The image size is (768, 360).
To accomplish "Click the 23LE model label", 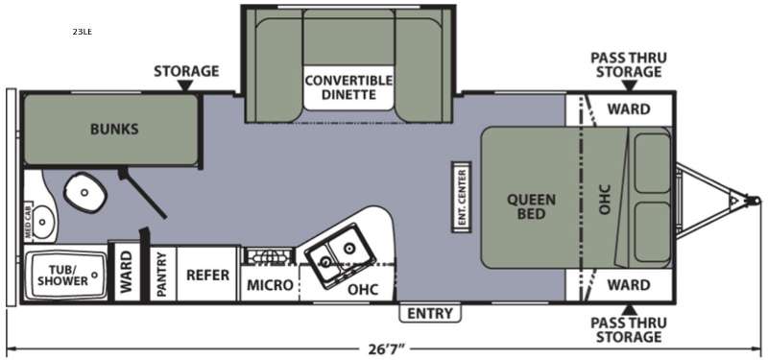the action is (x=83, y=32).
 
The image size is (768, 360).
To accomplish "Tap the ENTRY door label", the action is (x=430, y=313).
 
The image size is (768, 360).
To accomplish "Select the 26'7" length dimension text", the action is (x=383, y=348).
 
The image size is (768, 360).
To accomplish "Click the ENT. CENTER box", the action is (x=462, y=197).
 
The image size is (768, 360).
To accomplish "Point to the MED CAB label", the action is (x=29, y=222).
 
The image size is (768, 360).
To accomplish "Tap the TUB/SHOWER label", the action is (x=63, y=275).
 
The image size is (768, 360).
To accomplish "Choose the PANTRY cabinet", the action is (x=162, y=274).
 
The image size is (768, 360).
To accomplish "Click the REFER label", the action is (x=207, y=275).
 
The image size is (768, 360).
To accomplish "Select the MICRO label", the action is (x=270, y=284).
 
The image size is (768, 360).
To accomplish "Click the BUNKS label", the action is (x=114, y=130).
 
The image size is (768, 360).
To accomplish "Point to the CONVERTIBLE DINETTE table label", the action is (x=348, y=87).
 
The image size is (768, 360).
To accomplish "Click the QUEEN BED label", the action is (x=531, y=206).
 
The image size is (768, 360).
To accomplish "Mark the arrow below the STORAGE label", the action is (x=185, y=85).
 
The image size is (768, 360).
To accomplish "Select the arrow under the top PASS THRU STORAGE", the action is (x=630, y=85).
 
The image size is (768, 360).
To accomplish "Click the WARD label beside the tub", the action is (x=127, y=273).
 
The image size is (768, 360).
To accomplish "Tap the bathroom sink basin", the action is (x=43, y=222).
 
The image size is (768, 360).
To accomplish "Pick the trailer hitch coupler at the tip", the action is (x=755, y=201).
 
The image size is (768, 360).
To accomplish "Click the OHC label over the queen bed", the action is (x=605, y=199).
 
